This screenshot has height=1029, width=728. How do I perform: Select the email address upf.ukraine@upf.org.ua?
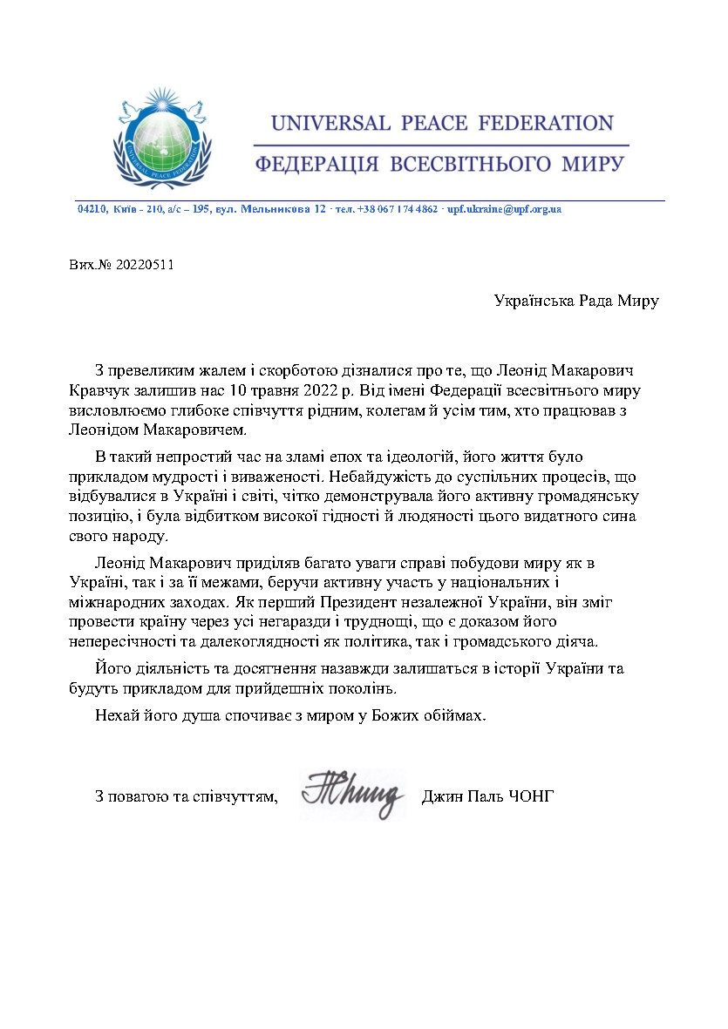click(504, 210)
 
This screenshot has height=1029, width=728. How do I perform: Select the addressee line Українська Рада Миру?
click(575, 301)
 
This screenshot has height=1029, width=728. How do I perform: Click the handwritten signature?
click(353, 793)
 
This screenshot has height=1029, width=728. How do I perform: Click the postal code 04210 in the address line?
click(92, 210)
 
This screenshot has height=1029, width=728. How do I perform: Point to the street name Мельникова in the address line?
click(270, 210)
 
